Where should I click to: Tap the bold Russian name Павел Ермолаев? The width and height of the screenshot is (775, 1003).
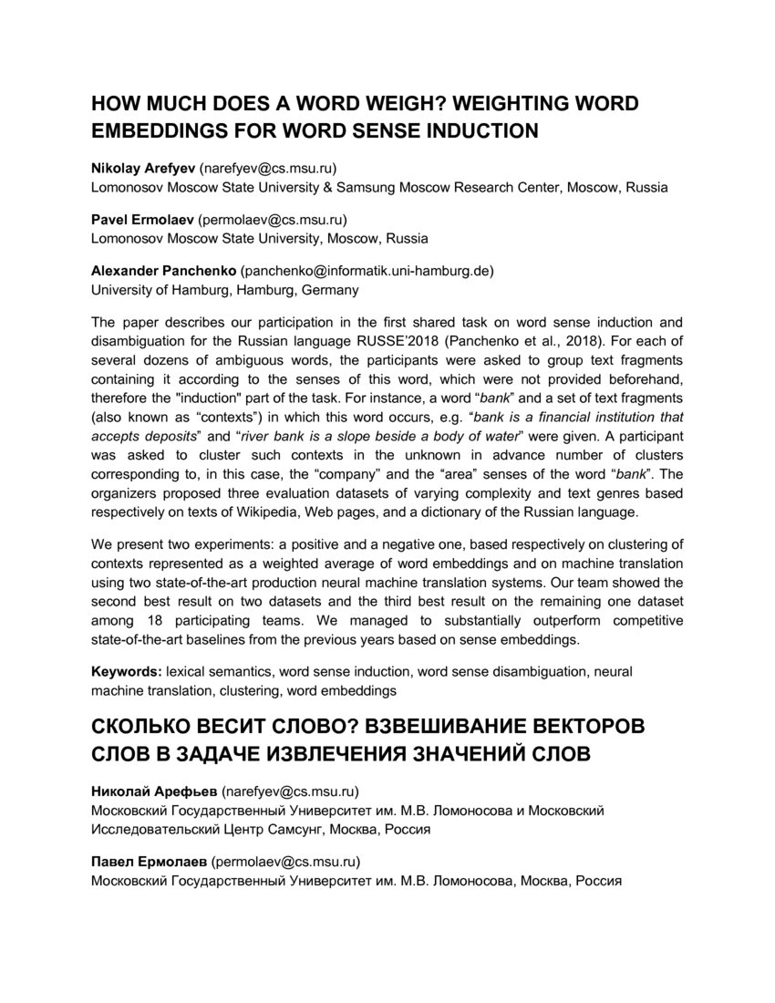pyautogui.click(x=150, y=861)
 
